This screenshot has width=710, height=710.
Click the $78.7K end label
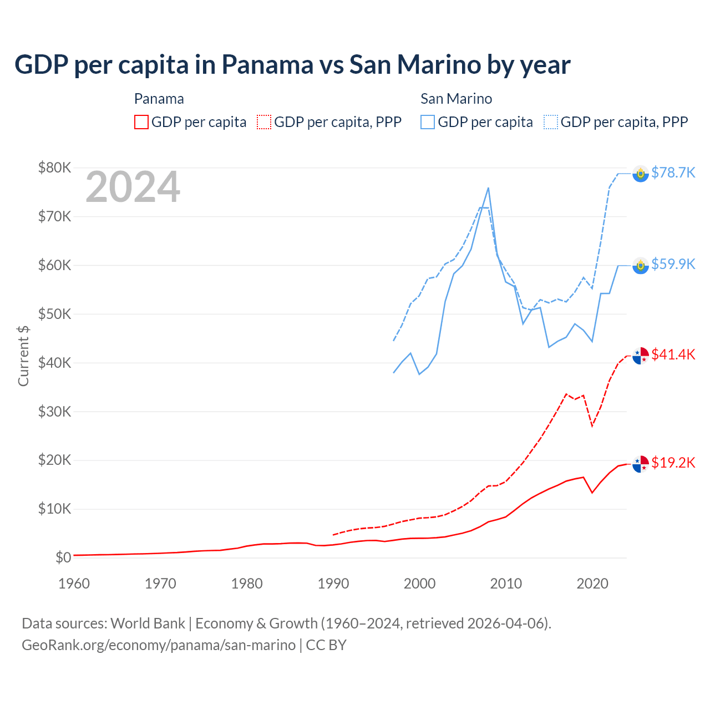tap(673, 173)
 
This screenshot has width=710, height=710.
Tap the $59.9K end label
tap(673, 264)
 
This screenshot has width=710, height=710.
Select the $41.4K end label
tap(673, 354)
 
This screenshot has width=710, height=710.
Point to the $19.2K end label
tap(673, 463)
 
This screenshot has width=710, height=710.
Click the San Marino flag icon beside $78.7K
tap(641, 174)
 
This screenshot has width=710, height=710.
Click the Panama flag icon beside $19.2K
tap(641, 464)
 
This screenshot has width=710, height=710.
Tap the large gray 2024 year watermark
tap(133, 187)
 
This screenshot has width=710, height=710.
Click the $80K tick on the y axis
tap(54, 168)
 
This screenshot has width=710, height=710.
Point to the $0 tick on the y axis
tap(63, 557)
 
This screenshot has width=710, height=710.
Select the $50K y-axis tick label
tap(54, 314)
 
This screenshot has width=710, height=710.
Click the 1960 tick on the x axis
tap(74, 584)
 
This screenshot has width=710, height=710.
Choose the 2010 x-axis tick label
tap(506, 584)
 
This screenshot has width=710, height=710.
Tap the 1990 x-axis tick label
tap(333, 584)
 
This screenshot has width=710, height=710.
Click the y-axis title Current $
tap(23, 356)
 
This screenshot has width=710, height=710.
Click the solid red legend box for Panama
tap(141, 122)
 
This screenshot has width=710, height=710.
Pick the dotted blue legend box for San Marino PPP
tap(551, 122)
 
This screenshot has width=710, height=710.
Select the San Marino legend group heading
tap(456, 99)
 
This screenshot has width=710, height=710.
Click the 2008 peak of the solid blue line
tap(488, 188)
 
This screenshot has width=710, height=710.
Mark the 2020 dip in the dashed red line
tap(592, 425)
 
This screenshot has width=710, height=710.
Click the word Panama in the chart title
tap(267, 65)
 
